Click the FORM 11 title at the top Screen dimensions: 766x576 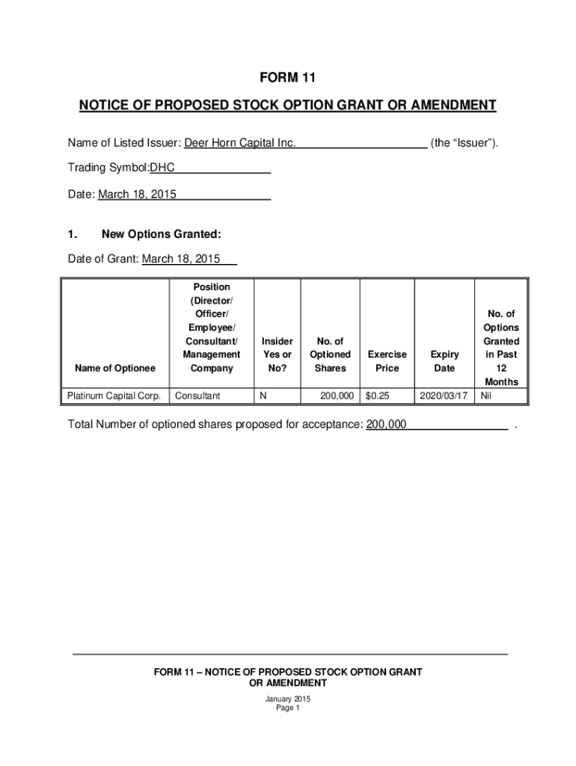click(x=288, y=78)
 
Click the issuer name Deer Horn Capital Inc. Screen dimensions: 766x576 click(x=240, y=142)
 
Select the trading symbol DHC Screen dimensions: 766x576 click(x=162, y=168)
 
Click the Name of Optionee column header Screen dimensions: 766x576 click(x=115, y=368)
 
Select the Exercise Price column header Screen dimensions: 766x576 click(x=387, y=361)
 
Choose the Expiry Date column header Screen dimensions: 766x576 click(x=445, y=361)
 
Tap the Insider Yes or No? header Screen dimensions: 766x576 click(x=277, y=355)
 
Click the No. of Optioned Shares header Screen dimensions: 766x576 click(x=330, y=355)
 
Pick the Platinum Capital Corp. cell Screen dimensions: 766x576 click(x=114, y=394)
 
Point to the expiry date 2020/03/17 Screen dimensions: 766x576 click(x=444, y=394)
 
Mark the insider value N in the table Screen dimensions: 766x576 click(x=262, y=394)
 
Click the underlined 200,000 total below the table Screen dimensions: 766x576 click(x=386, y=425)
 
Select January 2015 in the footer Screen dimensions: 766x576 click(x=288, y=699)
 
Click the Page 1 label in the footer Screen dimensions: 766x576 click(x=288, y=708)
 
